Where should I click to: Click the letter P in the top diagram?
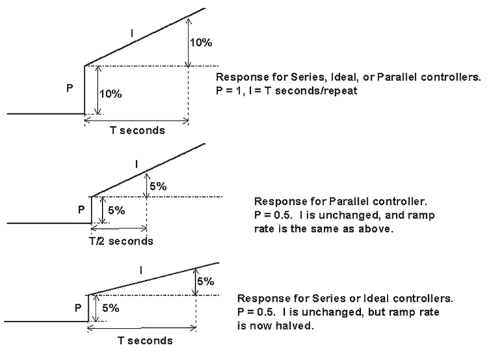pyautogui.click(x=70, y=88)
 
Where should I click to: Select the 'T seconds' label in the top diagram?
pyautogui.click(x=137, y=130)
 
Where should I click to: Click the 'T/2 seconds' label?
pyautogui.click(x=121, y=240)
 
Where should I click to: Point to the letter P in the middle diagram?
pyautogui.click(x=81, y=209)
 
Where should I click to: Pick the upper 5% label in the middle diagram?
pyautogui.click(x=158, y=187)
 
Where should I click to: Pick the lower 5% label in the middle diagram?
pyautogui.click(x=115, y=210)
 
